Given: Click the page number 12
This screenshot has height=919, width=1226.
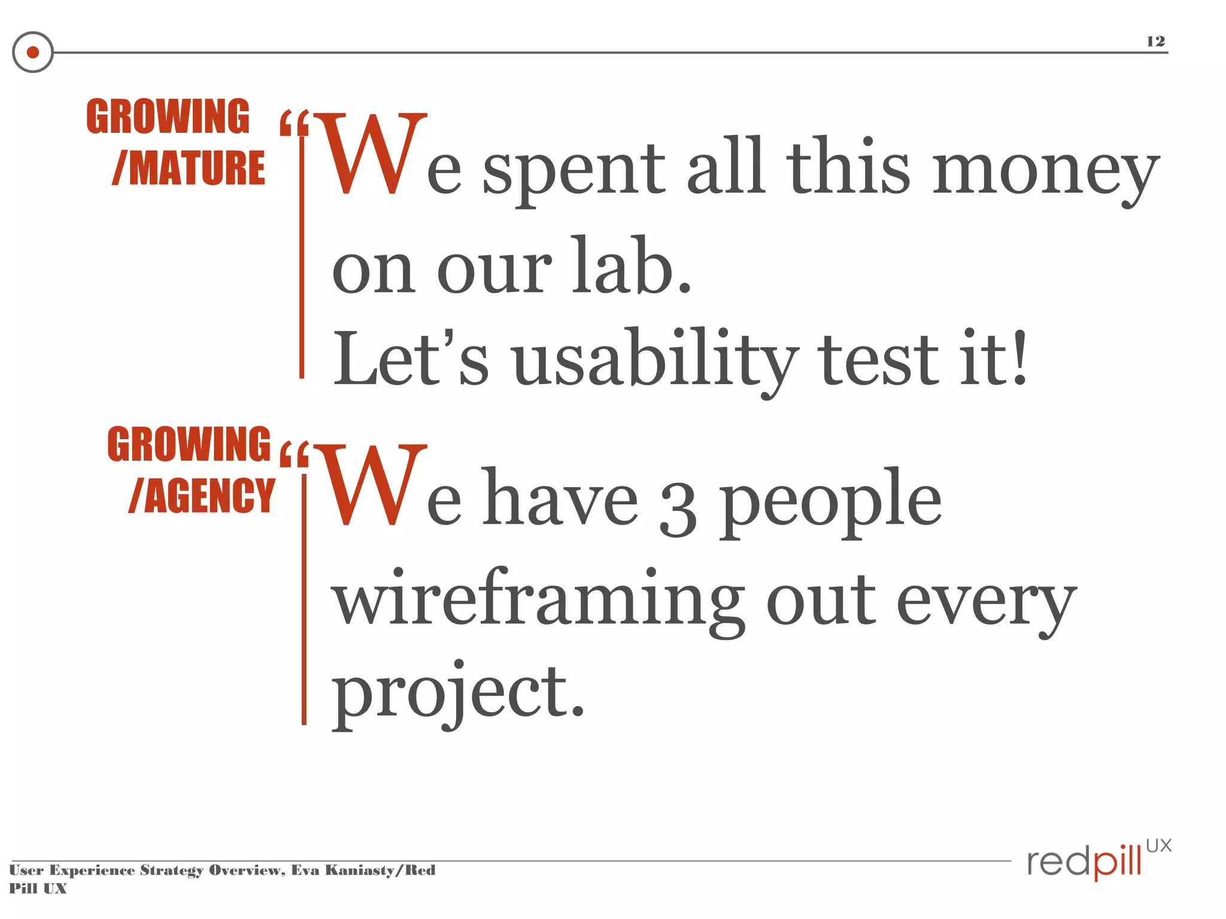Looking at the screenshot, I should [x=1155, y=41].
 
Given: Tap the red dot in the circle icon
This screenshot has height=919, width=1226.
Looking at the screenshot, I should [x=33, y=53].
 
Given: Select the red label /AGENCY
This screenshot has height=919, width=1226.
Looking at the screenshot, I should [x=202, y=496].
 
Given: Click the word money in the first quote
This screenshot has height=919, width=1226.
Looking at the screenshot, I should [x=1045, y=171].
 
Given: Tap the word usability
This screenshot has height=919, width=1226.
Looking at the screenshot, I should [x=656, y=360].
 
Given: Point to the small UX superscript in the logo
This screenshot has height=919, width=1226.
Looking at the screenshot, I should [x=1158, y=845].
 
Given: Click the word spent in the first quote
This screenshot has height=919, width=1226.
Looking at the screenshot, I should [x=573, y=171].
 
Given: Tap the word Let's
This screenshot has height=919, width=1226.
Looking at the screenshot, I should [x=411, y=359].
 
